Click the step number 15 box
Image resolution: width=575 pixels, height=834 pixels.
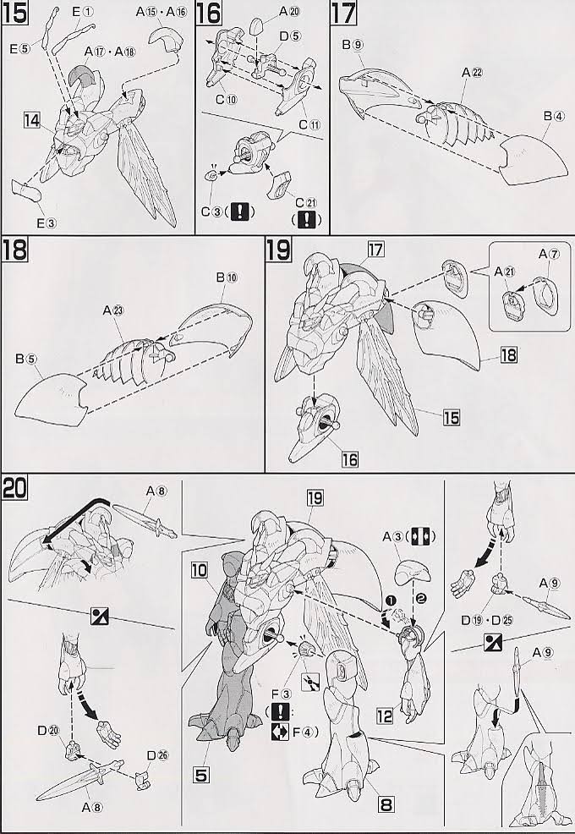pyautogui.click(x=15, y=14)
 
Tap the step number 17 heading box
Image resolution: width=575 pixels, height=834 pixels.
pyautogui.click(x=343, y=14)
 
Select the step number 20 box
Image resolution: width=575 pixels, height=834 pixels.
pyautogui.click(x=15, y=487)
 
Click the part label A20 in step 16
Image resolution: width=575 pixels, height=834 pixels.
pyautogui.click(x=290, y=10)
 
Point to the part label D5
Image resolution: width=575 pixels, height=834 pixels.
pyautogui.click(x=290, y=36)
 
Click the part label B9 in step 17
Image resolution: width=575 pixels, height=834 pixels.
pyautogui.click(x=353, y=45)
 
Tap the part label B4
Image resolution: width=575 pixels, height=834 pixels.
pyautogui.click(x=554, y=116)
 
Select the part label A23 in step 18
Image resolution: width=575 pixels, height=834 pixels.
pyautogui.click(x=114, y=310)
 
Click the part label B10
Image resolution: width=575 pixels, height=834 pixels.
pyautogui.click(x=227, y=277)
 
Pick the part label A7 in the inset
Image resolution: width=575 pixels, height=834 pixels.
pyautogui.click(x=549, y=254)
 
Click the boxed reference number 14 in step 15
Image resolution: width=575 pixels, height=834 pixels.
pyautogui.click(x=32, y=121)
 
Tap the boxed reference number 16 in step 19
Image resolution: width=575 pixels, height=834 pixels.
pyautogui.click(x=349, y=459)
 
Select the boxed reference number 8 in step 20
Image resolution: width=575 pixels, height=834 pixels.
pyautogui.click(x=386, y=804)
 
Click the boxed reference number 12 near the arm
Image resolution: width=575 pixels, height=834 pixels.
pyautogui.click(x=385, y=716)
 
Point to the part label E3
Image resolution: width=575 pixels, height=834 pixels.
pyautogui.click(x=47, y=223)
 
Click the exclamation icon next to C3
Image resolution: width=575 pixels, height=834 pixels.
pyautogui.click(x=240, y=211)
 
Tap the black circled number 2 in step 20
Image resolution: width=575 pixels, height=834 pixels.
pyautogui.click(x=420, y=599)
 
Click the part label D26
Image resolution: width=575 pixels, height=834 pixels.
pyautogui.click(x=157, y=755)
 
